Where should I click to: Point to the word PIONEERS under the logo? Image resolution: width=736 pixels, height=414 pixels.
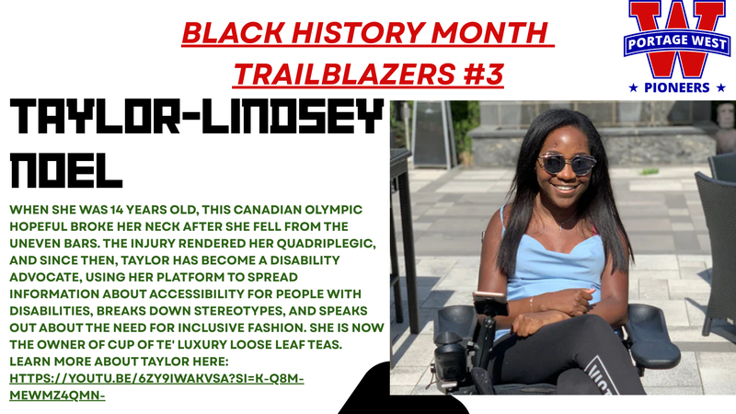(x=677, y=88)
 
